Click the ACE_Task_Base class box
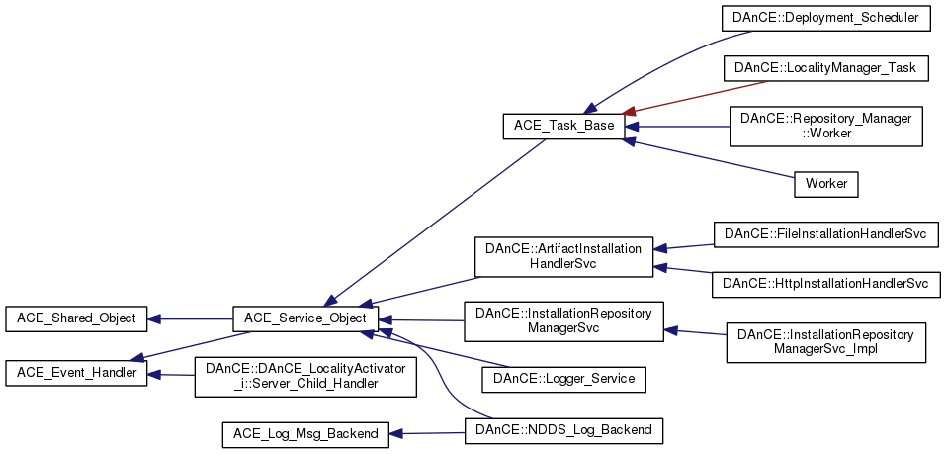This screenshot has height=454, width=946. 563,126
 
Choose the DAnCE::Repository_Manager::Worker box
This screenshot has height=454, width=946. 824,126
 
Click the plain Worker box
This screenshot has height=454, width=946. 826,183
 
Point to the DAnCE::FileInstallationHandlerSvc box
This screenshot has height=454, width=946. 825,234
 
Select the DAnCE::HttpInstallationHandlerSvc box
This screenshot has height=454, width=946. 825,284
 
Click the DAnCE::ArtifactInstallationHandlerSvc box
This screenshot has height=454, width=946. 563,257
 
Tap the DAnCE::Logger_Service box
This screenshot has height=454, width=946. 563,378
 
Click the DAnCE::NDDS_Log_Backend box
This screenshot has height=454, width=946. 563,430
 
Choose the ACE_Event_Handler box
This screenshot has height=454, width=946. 76,373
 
